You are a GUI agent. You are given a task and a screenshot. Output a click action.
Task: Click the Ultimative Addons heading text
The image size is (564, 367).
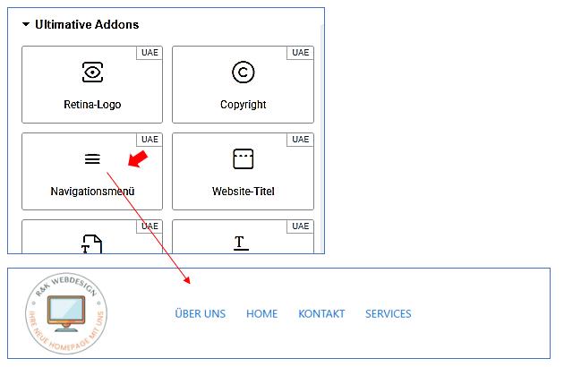[x=87, y=25]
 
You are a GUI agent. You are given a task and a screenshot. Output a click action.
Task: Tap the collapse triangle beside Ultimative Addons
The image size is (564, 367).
[x=26, y=25]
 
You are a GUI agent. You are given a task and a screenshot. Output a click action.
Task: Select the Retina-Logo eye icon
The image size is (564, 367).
[x=92, y=73]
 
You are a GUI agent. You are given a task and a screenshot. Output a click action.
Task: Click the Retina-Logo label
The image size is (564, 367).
[x=92, y=105]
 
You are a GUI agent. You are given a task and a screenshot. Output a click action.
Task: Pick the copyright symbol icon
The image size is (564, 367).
[x=243, y=73]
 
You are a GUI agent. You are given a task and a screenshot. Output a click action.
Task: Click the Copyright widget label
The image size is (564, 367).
[x=243, y=105]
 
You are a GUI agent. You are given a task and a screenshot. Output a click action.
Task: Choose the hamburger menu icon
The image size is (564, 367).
[x=92, y=159]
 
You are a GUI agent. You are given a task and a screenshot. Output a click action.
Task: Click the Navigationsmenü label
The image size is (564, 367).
[x=92, y=192]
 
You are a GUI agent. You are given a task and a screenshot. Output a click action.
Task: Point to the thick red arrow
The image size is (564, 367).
[x=136, y=159]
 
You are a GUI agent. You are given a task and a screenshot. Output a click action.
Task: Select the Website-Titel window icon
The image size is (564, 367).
[x=243, y=159]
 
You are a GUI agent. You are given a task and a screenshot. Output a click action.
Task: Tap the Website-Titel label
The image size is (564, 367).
[x=243, y=192]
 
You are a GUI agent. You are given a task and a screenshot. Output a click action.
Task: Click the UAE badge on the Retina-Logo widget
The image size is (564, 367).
[x=150, y=53]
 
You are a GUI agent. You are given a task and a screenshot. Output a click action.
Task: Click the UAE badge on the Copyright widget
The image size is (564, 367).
[x=301, y=53]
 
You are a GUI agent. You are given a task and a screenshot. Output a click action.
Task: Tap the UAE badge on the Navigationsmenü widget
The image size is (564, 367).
[x=150, y=140]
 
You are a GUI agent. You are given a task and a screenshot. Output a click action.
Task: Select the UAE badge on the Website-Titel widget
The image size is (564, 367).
[x=301, y=140]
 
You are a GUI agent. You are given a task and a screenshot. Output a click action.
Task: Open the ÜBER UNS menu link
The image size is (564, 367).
[x=201, y=314]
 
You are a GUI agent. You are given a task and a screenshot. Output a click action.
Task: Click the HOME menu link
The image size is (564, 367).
[x=262, y=314]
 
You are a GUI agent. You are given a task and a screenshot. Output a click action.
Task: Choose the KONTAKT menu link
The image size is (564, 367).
[x=321, y=314]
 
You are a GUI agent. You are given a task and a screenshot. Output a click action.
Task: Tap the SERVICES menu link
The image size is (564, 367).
[x=389, y=314]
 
